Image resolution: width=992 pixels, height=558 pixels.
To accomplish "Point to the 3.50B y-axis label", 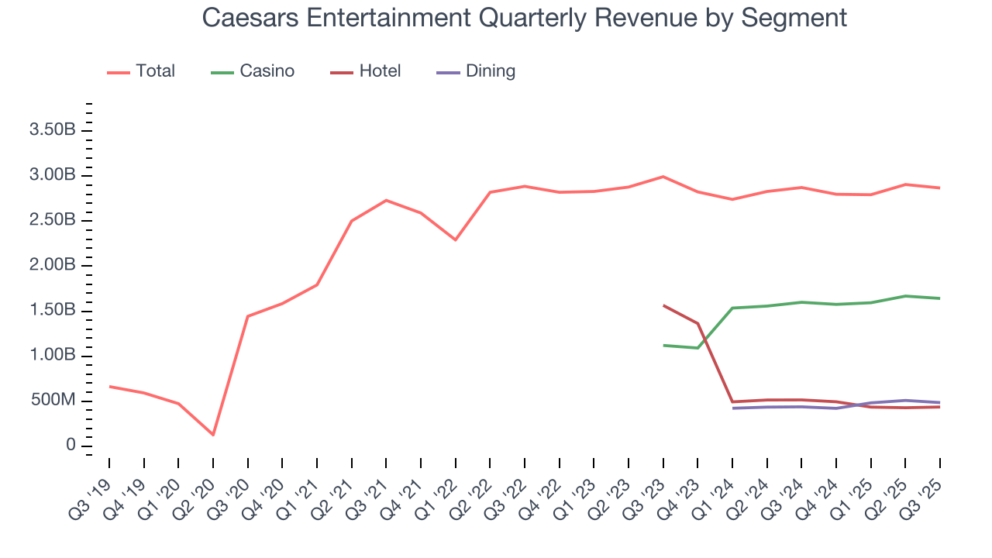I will pos(52,130).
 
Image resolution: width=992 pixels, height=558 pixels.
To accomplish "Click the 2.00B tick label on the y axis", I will pos(52,266).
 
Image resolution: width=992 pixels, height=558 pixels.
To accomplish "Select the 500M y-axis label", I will pos(52,401).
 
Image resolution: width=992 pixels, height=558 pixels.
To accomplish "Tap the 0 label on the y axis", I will pos(71,446).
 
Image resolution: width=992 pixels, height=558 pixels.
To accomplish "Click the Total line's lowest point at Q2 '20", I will pos(213,435).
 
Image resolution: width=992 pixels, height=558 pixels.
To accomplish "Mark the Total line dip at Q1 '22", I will pos(456,239).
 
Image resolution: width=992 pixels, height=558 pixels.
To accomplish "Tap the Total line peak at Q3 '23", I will pos(663,177).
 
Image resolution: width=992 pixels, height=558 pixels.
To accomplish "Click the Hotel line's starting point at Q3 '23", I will pos(663,305).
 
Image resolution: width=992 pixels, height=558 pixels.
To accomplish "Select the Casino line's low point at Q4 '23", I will pos(697,348).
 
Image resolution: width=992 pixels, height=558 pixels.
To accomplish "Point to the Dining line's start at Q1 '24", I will pos(732,408).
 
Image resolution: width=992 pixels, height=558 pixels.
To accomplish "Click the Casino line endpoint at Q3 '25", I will pos(940,298).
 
